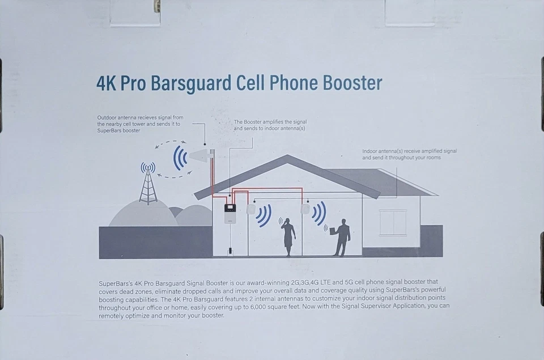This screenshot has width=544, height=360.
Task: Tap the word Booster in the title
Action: tap(352, 84)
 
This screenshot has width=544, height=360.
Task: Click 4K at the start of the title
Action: tap(107, 84)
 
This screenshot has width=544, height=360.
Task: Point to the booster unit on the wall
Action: tap(230, 213)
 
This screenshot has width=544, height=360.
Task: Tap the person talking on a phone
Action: tap(288, 236)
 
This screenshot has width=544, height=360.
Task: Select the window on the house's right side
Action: tap(392, 222)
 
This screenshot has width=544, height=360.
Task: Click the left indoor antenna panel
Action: tap(252, 209)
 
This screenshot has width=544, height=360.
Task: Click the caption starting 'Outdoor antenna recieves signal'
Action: tap(140, 124)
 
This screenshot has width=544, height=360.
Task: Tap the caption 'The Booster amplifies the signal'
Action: tap(270, 125)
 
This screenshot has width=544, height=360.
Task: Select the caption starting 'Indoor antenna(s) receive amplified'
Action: tap(409, 154)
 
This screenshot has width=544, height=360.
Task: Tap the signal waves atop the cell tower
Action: tap(148, 167)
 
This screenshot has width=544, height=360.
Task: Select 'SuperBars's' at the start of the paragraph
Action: tap(115, 282)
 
